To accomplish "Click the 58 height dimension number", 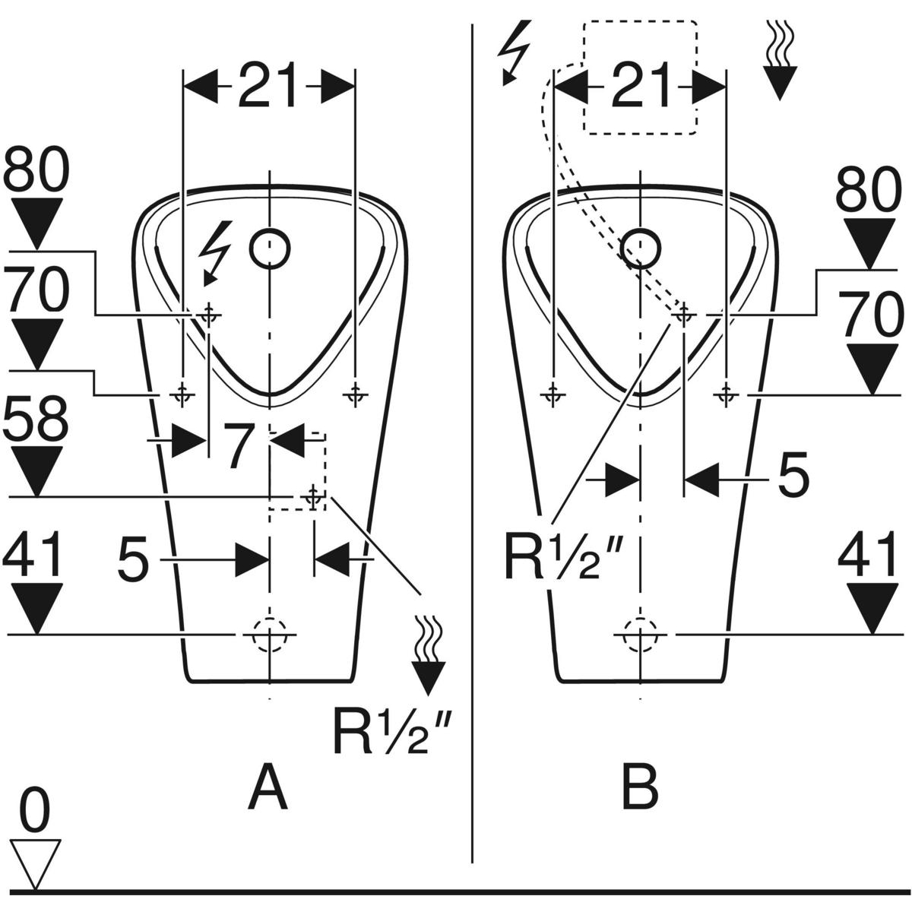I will tap(36, 420).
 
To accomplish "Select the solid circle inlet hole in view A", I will tap(270, 248).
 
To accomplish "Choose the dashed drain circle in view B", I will tap(641, 633).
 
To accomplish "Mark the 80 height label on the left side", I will tap(36, 173).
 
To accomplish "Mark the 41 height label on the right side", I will tap(869, 556).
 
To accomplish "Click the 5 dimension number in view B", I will tap(793, 477).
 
